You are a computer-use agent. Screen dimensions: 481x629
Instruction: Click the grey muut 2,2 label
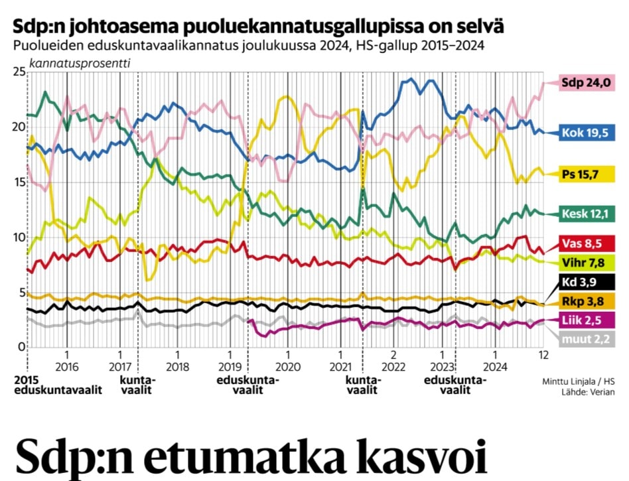pos(585,340)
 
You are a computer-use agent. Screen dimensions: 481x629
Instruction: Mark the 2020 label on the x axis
pos(288,366)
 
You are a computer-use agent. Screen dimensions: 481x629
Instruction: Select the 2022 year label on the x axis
pos(393,366)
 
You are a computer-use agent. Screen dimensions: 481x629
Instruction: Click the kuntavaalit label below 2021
pos(363,385)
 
